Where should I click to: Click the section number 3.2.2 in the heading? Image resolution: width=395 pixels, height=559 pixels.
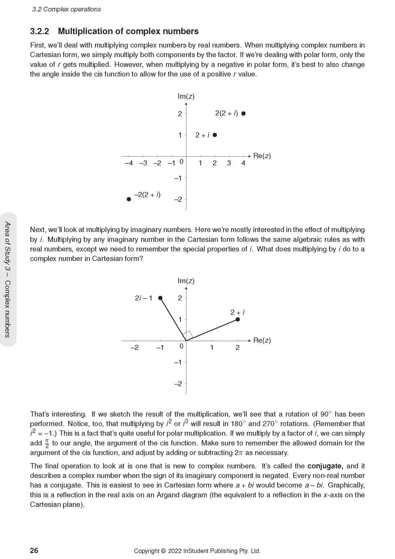39,32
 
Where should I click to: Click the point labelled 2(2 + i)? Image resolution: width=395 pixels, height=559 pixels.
243,114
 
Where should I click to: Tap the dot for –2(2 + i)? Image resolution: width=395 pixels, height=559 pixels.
129,199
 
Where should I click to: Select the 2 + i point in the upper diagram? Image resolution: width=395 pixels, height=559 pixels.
215,135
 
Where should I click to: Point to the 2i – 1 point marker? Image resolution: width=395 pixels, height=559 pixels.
161,298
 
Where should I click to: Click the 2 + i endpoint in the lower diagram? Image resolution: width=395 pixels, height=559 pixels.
238,319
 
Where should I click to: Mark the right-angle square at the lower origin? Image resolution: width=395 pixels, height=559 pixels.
188,335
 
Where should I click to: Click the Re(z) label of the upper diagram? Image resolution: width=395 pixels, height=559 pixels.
262,156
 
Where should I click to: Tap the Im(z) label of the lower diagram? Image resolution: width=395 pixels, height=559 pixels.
186,281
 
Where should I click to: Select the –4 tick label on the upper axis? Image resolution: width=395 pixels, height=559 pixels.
129,163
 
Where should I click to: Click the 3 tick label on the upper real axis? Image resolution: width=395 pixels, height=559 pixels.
229,163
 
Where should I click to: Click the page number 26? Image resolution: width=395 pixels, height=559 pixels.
34,550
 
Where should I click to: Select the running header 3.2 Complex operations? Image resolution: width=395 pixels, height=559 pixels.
66,9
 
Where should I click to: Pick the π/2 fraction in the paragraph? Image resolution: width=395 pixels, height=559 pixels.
47,443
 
